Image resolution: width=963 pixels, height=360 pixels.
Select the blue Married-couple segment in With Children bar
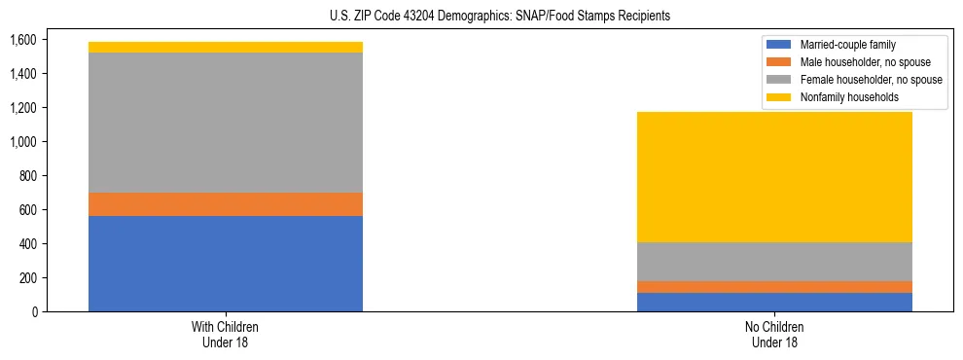tap(226, 263)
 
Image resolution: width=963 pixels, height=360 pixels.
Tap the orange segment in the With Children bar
tap(226, 204)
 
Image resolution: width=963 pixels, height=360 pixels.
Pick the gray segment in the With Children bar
tap(226, 122)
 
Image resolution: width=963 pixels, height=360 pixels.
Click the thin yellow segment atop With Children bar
tap(226, 47)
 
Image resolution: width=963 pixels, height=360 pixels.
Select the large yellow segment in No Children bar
tap(774, 176)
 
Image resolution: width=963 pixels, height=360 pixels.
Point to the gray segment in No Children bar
tap(774, 261)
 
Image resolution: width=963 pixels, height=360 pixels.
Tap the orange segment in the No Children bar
tap(774, 287)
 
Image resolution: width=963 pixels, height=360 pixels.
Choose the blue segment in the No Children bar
tap(774, 302)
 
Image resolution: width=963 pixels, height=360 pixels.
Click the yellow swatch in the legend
tap(778, 97)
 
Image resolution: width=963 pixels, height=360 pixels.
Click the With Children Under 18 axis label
tap(226, 334)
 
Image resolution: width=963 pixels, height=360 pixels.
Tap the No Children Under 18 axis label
tap(774, 334)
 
